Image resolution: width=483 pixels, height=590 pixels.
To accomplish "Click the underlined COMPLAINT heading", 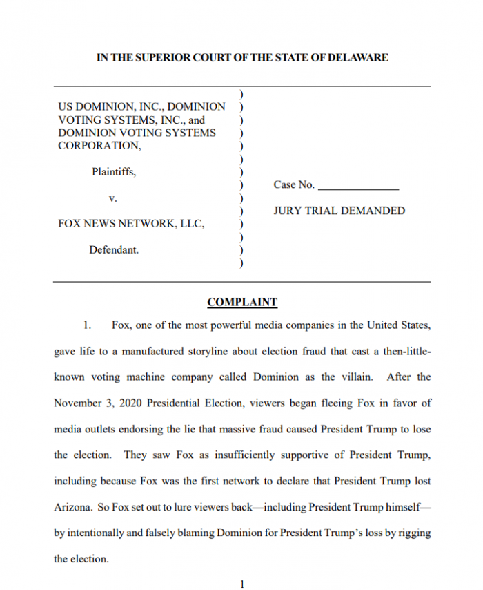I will [242, 302].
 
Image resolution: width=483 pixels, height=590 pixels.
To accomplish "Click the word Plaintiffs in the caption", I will [114, 172].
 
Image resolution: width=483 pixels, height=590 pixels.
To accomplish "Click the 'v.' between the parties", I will [113, 198].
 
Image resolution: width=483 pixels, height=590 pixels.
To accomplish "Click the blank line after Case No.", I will [358, 185].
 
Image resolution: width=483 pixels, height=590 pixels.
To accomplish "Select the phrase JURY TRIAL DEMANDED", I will [339, 211].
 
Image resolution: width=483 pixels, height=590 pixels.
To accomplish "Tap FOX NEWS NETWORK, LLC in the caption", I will [131, 224].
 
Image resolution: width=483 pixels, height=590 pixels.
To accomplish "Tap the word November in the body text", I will [77, 403].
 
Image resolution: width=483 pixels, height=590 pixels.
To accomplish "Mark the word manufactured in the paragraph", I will [155, 351].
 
